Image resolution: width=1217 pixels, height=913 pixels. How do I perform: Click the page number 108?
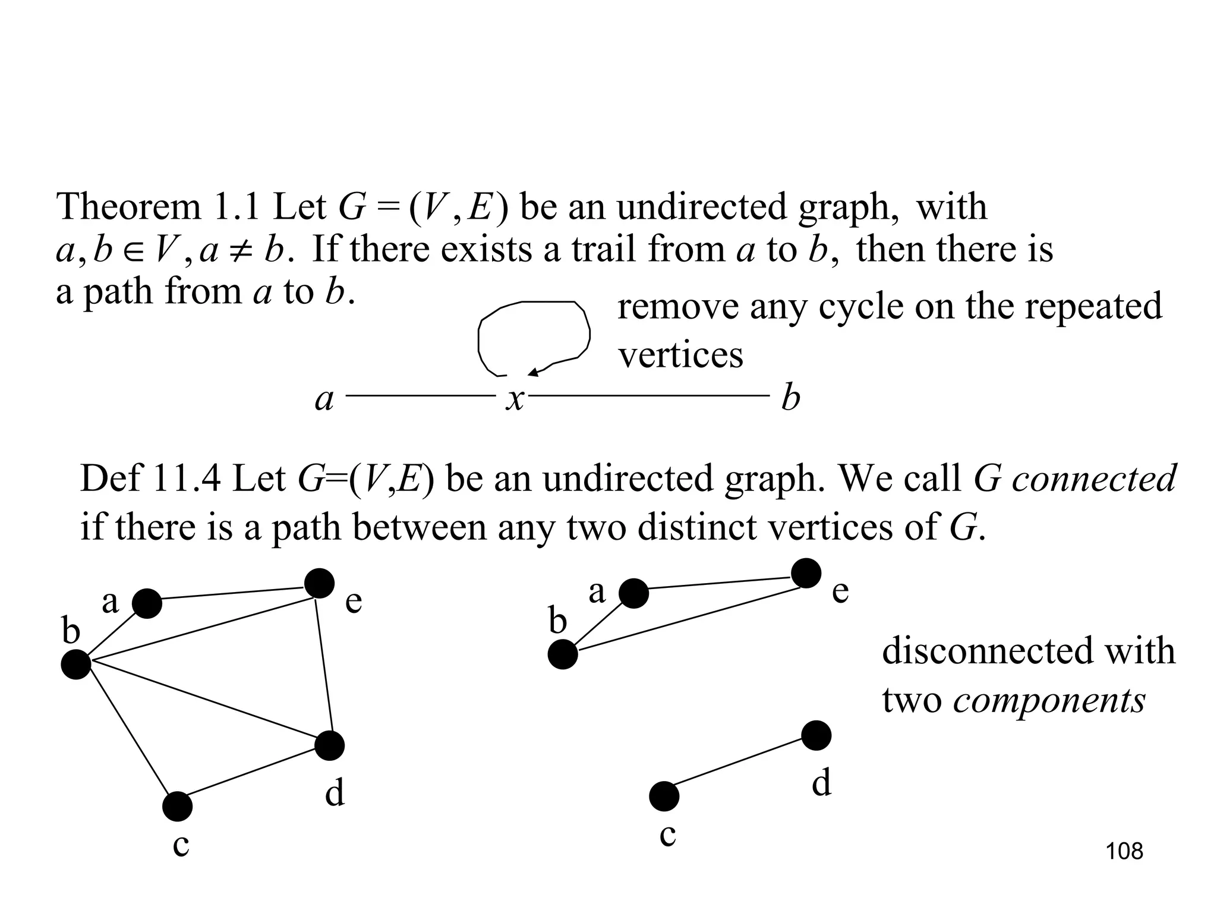pos(1124,851)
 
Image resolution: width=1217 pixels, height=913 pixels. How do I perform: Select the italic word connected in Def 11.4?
pos(1094,478)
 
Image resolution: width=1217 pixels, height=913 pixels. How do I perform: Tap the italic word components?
pos(1049,700)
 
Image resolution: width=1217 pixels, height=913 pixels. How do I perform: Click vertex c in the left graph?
pos(177,807)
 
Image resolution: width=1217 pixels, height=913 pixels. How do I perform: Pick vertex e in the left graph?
pos(319,583)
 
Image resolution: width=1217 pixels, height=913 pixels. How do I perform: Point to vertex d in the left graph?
pos(329,745)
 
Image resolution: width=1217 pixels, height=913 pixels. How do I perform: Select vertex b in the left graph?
pos(76,664)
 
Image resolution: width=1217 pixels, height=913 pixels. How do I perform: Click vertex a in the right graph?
pos(633,593)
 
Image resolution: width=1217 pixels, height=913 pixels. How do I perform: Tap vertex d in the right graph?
pos(816,736)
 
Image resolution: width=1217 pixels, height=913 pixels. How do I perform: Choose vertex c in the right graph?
pos(664,796)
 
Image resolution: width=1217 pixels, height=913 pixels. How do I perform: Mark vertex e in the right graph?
pos(806,574)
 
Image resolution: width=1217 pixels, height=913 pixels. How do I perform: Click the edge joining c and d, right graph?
pos(740,766)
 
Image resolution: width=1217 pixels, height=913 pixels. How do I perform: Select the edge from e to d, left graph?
pos(324,663)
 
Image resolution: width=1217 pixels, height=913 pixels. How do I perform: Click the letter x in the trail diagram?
pos(515,399)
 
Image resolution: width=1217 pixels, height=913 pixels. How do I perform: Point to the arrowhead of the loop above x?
pos(532,373)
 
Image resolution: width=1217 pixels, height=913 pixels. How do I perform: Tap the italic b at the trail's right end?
pos(790,398)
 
